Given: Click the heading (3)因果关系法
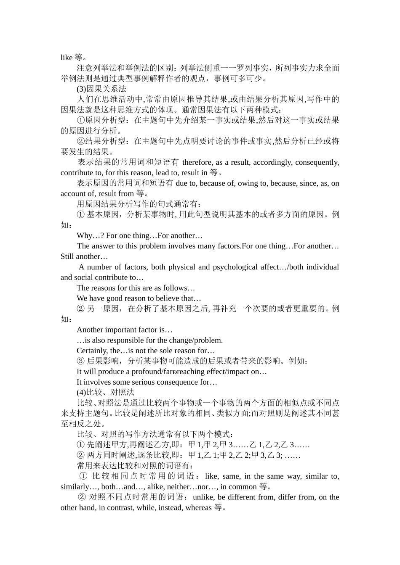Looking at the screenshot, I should point(101,89).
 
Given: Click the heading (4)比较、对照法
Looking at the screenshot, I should point(105,392).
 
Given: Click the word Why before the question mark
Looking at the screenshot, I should point(84,235).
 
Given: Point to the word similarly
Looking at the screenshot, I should point(77,486).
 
